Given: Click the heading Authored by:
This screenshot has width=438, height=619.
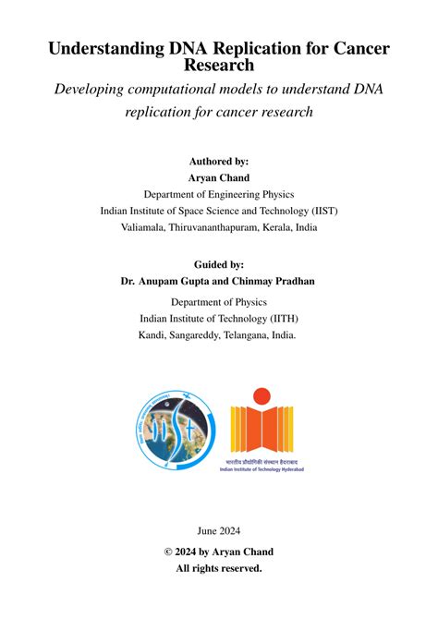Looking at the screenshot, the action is tap(219, 161).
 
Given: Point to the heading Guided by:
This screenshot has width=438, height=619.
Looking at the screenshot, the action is tap(219, 263).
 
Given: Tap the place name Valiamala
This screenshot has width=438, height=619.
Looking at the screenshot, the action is tap(142, 227).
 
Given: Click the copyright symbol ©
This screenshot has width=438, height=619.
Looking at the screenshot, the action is tap(169, 552).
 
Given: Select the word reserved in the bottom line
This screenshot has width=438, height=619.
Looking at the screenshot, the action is tap(240, 568).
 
